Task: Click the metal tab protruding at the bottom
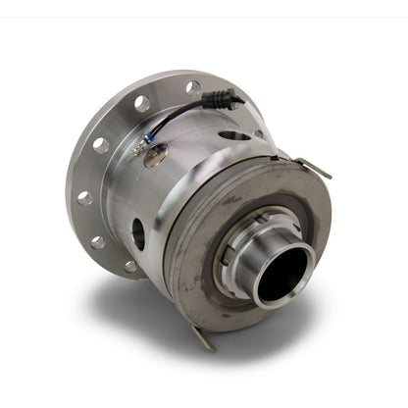point(202,338)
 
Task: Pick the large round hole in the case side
point(138,233)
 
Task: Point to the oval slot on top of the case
point(235,135)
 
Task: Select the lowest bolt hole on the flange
point(130,265)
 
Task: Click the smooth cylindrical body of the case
point(186,186)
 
